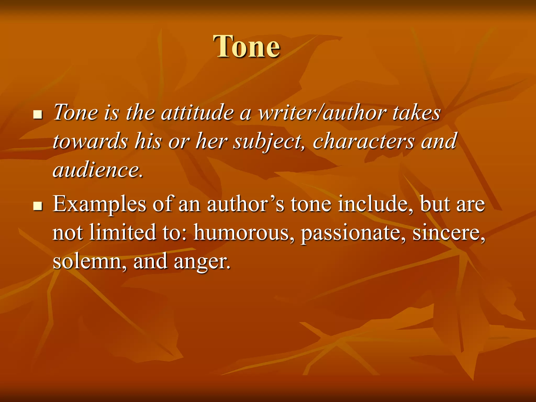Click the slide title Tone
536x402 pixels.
247,47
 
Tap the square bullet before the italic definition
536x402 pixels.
38,114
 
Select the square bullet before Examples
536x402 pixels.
38,205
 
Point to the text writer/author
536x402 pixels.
322,113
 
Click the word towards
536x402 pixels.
90,141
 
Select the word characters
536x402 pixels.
364,141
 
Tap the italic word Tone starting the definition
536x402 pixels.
76,113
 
